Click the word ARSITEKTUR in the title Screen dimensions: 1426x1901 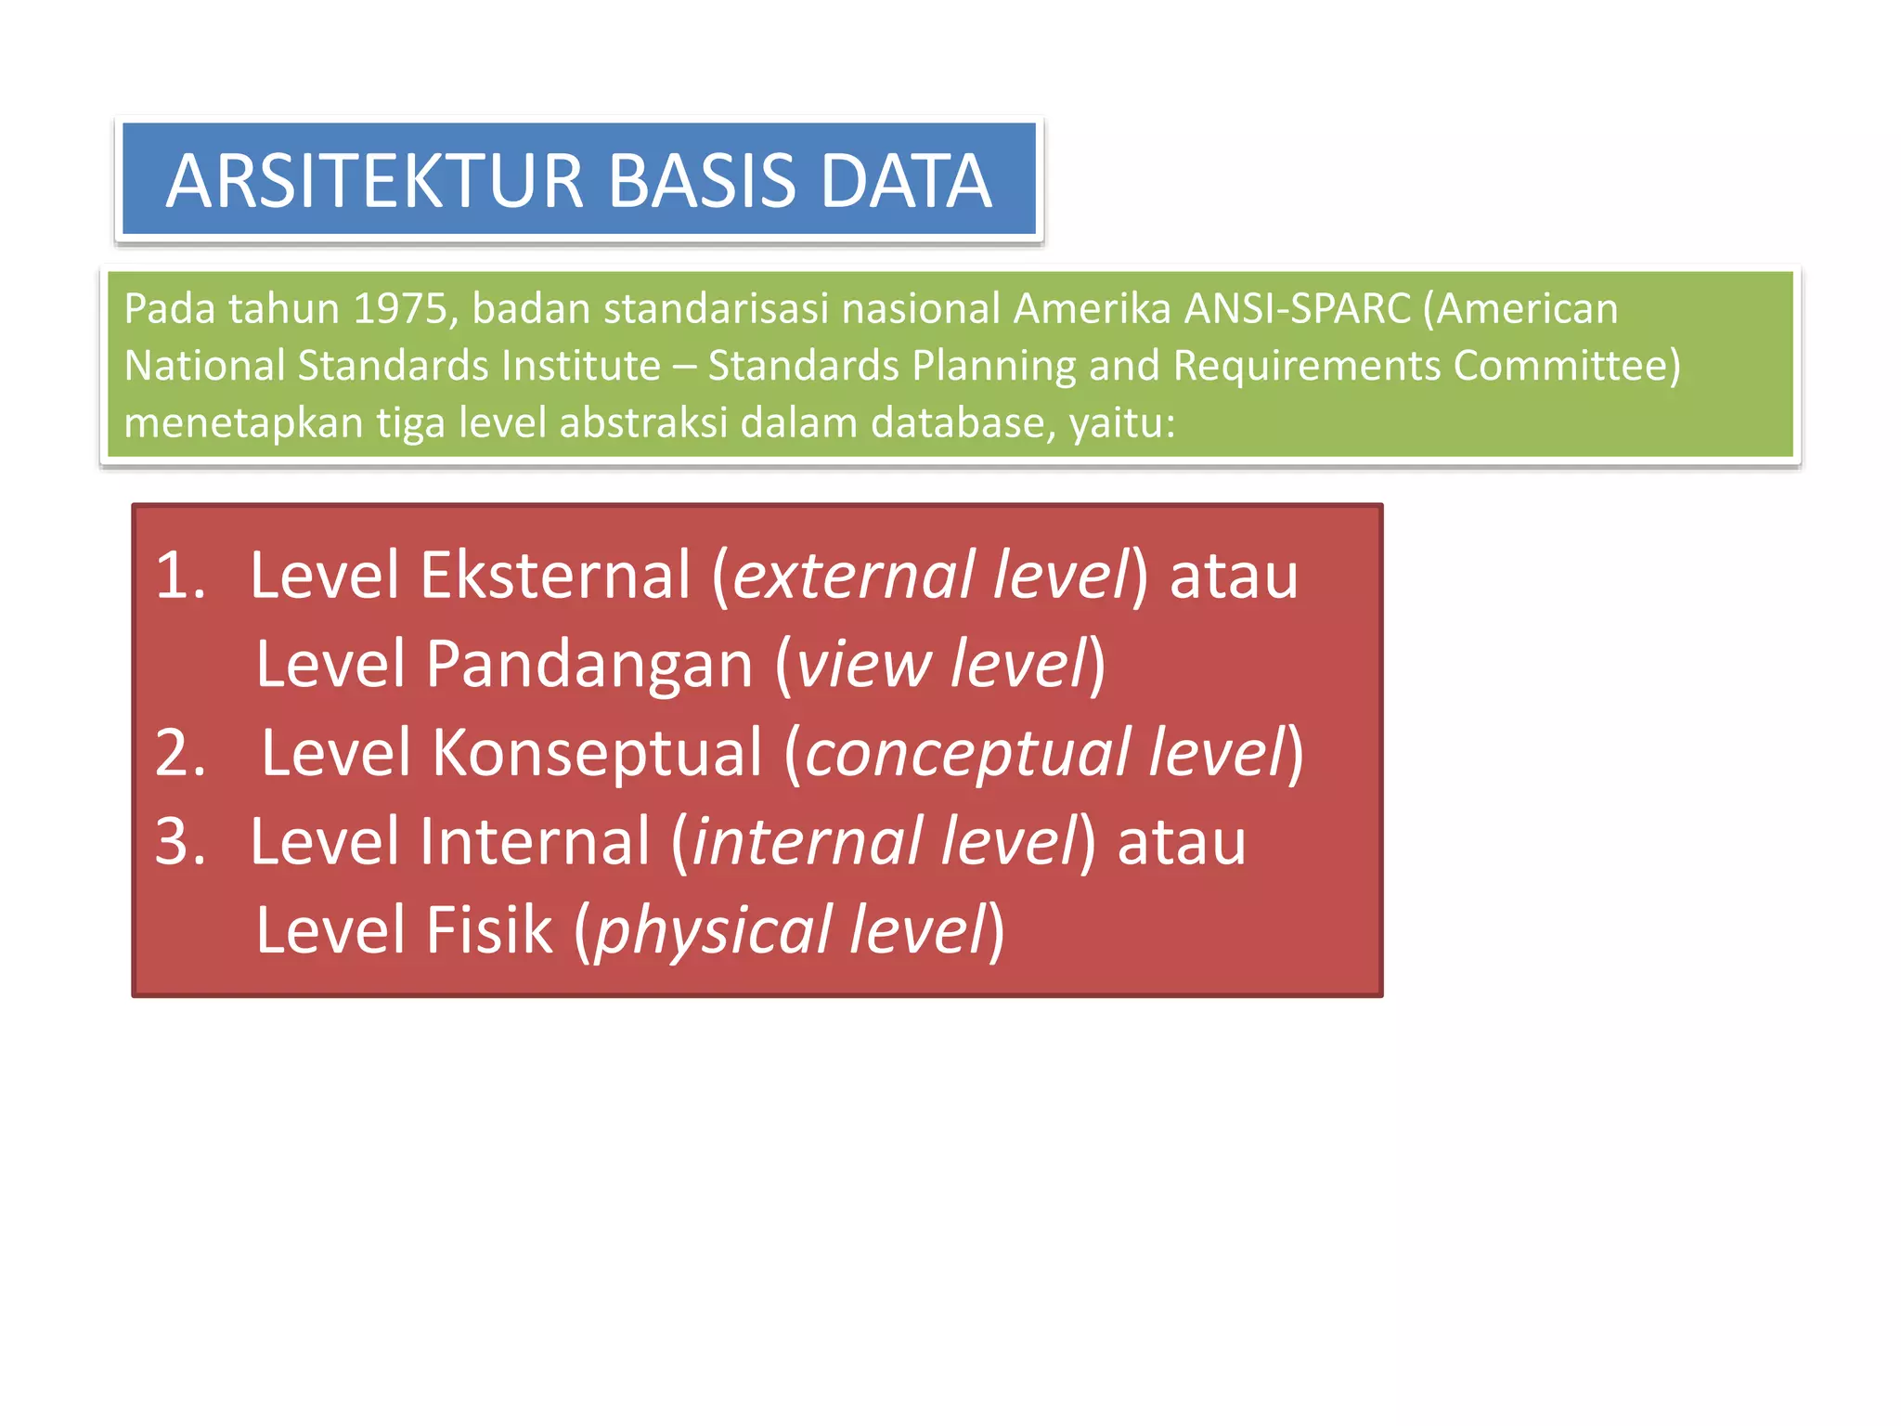[374, 180]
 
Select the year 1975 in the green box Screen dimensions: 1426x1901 [406, 308]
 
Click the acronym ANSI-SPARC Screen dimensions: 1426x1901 [1297, 308]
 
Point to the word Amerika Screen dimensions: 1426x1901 [1092, 308]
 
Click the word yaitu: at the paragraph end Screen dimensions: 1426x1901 [1122, 423]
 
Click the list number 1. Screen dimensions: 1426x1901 [179, 576]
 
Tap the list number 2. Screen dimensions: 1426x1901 [179, 752]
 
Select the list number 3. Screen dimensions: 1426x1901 [179, 841]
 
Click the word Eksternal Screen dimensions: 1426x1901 [555, 576]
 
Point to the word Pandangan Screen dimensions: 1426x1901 [588, 664]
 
